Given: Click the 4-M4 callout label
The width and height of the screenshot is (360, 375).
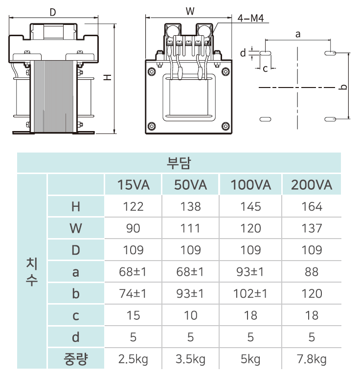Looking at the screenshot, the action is (251, 18).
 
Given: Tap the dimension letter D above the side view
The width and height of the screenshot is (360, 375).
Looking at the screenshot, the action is (53, 12).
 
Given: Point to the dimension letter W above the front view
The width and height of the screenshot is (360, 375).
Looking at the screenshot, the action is (190, 11).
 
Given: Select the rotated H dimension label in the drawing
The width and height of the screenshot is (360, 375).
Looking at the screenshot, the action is (108, 77).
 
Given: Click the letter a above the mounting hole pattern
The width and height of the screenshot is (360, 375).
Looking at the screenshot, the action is (298, 34).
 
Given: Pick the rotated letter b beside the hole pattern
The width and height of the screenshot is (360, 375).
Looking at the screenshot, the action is (343, 87).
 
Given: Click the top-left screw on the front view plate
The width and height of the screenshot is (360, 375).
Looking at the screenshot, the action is (152, 71).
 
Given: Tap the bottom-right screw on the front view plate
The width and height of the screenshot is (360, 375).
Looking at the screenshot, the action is (225, 126).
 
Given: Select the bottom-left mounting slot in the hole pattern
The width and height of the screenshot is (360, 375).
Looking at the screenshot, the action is (265, 119).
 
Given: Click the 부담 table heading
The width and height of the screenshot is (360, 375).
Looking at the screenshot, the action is (179, 163).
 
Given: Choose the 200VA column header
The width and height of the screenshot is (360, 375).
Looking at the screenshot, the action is (312, 185).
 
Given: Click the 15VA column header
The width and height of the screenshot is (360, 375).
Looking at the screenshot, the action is (133, 185).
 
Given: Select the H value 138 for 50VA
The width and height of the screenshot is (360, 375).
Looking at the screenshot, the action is (190, 207).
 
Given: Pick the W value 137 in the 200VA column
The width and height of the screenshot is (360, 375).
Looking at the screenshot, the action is (312, 228).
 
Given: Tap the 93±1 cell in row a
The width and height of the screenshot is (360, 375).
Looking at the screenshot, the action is (250, 272).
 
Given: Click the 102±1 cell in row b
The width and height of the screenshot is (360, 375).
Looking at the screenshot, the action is (250, 294).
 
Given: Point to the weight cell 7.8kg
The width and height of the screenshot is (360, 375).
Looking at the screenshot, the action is (312, 359).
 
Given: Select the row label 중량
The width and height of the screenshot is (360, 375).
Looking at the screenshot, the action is (76, 359).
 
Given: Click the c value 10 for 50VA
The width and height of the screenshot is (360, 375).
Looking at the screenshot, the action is (190, 315).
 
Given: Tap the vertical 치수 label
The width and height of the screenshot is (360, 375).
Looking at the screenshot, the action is (32, 272).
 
